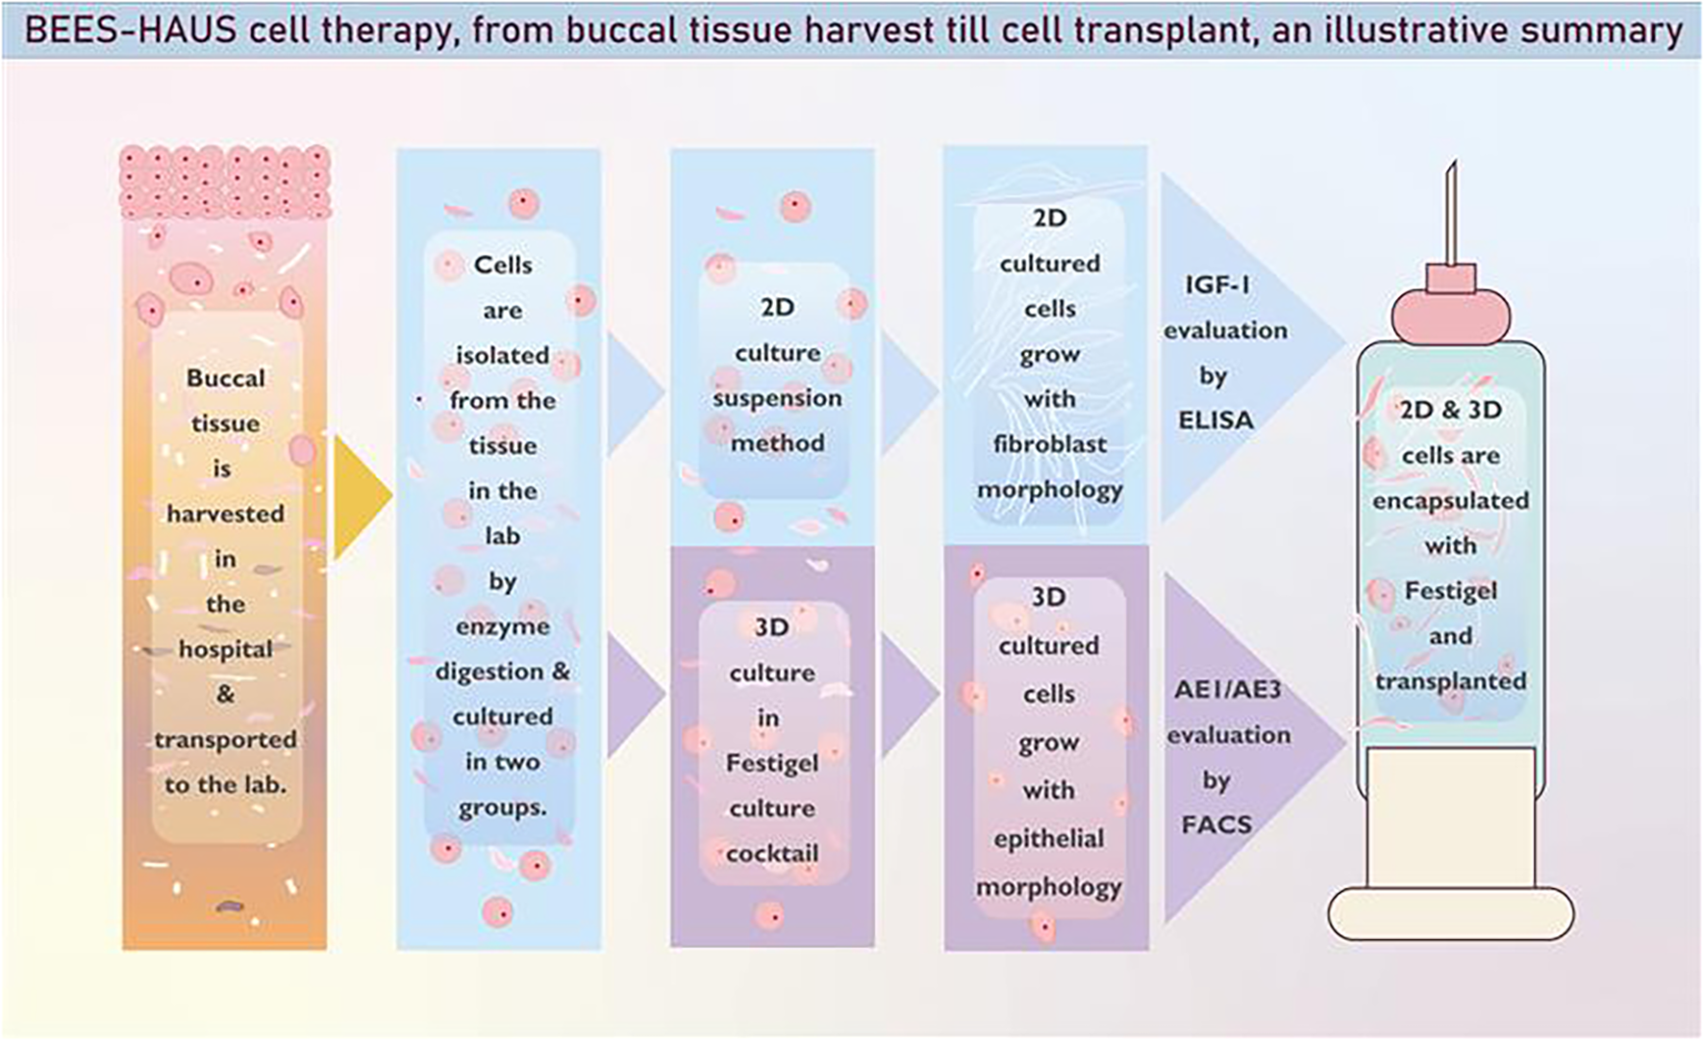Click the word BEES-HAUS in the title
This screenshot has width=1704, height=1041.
(x=130, y=31)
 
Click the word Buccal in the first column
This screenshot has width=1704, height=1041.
(x=226, y=378)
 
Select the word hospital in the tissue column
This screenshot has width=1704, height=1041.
(x=226, y=649)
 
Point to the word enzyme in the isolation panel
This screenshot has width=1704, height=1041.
(x=503, y=626)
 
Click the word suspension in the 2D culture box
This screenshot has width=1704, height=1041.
(x=777, y=398)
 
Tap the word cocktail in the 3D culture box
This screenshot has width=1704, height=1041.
(x=772, y=853)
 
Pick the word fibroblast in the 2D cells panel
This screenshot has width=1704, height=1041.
(x=1050, y=444)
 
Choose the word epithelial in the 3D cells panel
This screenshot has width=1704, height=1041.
(x=1049, y=839)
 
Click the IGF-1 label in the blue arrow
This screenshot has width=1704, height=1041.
(x=1217, y=285)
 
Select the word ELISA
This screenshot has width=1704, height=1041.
(x=1216, y=420)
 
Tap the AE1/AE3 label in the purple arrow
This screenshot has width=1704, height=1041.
(x=1228, y=690)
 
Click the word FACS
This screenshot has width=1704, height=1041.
(x=1217, y=825)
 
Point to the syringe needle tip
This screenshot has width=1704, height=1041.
(x=1449, y=173)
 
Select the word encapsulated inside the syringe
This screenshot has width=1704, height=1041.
(x=1450, y=501)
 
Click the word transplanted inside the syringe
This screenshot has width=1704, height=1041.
(x=1450, y=681)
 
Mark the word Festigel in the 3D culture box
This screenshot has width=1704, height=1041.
(x=772, y=764)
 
